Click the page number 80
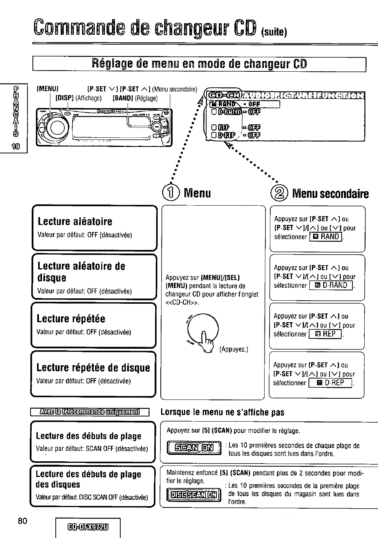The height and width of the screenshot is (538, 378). pyautogui.click(x=22, y=520)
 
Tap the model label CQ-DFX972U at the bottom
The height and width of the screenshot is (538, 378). pyautogui.click(x=88, y=528)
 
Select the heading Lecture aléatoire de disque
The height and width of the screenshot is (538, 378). pyautogui.click(x=81, y=272)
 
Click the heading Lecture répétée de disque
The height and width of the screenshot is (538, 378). pyautogui.click(x=93, y=368)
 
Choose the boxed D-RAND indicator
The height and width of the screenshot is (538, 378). pyautogui.click(x=331, y=285)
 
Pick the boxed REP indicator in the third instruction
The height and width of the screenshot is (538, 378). pyautogui.click(x=325, y=334)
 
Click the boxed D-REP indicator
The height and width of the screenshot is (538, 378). pyautogui.click(x=330, y=383)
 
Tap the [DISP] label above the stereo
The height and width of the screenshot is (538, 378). pyautogui.click(x=65, y=98)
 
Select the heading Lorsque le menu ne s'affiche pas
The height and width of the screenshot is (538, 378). pyautogui.click(x=222, y=412)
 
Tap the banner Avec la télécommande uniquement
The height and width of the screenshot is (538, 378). pyautogui.click(x=90, y=412)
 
